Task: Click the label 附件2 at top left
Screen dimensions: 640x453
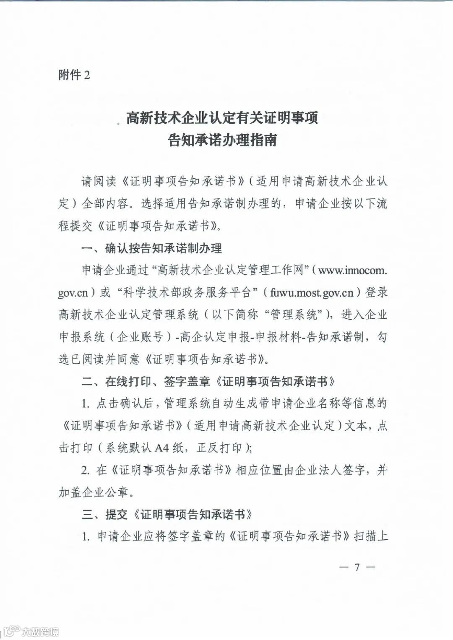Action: point(74,75)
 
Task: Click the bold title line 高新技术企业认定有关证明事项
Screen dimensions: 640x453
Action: point(222,118)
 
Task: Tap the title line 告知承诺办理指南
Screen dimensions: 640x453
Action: point(222,140)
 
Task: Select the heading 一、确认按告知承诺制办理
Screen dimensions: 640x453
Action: point(152,248)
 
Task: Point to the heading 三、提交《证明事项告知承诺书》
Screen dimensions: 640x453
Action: point(167,514)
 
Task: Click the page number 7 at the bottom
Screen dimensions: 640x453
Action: point(357,567)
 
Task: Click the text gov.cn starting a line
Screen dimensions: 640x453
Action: point(73,293)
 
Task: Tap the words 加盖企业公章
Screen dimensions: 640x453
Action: point(93,492)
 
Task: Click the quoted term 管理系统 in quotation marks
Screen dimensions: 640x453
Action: point(294,315)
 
